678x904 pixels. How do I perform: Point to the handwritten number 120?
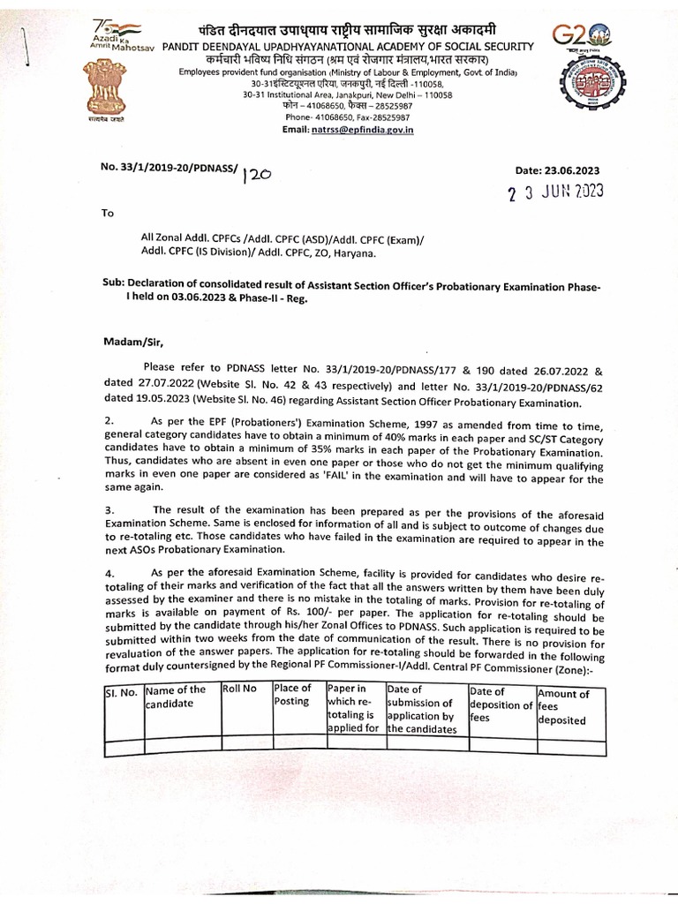pos(256,175)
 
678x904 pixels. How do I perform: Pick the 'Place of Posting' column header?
pos(292,694)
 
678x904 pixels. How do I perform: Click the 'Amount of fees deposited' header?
pos(564,706)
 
